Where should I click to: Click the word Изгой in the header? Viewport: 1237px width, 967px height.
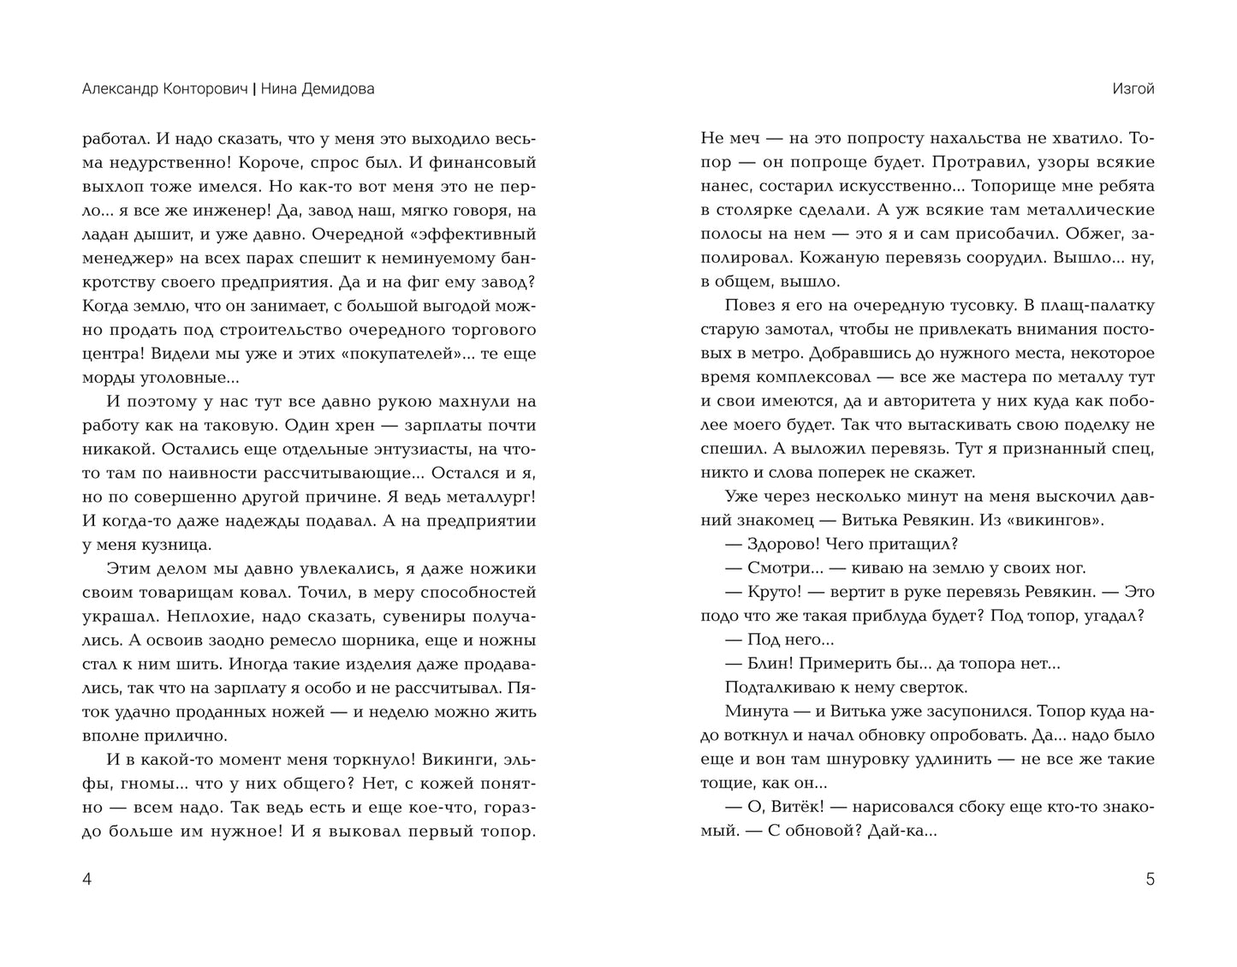[1133, 89]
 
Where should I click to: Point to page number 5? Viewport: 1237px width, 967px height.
[1150, 879]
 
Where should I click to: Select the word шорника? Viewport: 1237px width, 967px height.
[371, 640]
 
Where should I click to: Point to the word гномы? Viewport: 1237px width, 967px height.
[121, 784]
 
